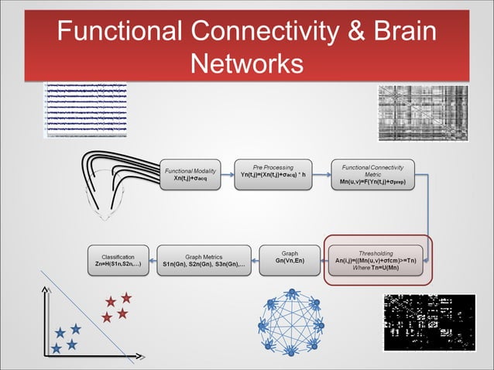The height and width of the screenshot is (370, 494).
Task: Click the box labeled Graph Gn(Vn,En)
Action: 290,259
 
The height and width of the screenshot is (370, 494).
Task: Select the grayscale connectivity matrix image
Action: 422,113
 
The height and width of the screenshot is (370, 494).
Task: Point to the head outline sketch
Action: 111,194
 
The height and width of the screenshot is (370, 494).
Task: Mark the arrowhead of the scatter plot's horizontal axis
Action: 142,358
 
